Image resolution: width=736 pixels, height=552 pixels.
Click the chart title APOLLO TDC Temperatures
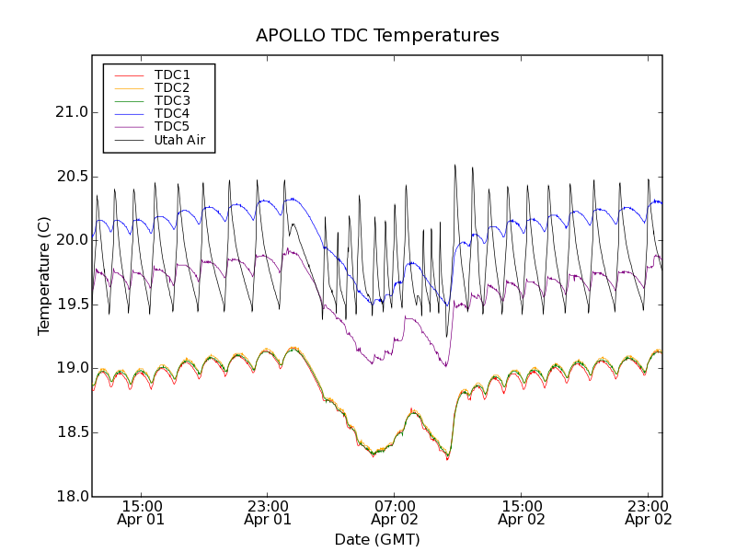pos(377,36)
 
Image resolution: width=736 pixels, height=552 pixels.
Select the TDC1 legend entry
pos(172,75)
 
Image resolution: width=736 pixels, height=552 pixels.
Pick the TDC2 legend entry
pos(172,87)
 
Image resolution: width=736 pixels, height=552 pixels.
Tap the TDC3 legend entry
pos(172,100)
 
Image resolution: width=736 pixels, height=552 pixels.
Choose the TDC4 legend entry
pos(172,114)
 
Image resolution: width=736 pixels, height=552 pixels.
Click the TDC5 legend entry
pos(172,127)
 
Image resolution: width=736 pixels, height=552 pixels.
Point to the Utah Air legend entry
pos(179,141)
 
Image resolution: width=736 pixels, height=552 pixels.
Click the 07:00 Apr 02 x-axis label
pos(395,512)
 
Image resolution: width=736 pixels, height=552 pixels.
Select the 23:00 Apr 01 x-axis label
pos(268,512)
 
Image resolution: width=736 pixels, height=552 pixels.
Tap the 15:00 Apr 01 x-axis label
pos(141,512)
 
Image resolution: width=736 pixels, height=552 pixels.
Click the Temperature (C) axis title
pos(44,276)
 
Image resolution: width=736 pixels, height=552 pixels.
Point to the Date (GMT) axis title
pos(377,539)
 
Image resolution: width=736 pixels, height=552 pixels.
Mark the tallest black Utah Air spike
pos(454,167)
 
